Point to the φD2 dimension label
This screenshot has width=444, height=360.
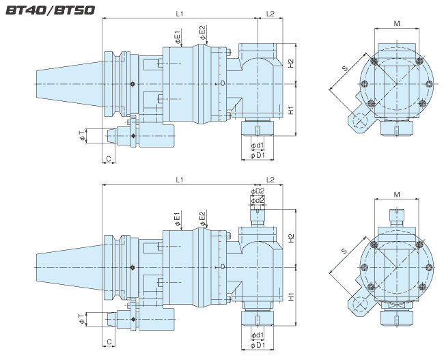coord(258,191)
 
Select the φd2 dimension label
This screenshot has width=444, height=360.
coord(258,201)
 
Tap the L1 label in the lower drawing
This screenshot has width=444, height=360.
coord(180,179)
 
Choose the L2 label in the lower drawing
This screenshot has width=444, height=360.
coord(270,179)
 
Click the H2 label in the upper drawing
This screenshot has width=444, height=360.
coord(290,63)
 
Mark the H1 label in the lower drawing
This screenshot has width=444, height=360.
coord(290,296)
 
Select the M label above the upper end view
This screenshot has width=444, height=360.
coord(397,23)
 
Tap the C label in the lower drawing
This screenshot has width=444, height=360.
coord(107,341)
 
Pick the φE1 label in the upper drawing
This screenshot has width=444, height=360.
coord(177,36)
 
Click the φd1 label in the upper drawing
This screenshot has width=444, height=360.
coord(257,146)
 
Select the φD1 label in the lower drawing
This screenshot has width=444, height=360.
coord(257,344)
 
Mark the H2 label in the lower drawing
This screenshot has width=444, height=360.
coord(290,238)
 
